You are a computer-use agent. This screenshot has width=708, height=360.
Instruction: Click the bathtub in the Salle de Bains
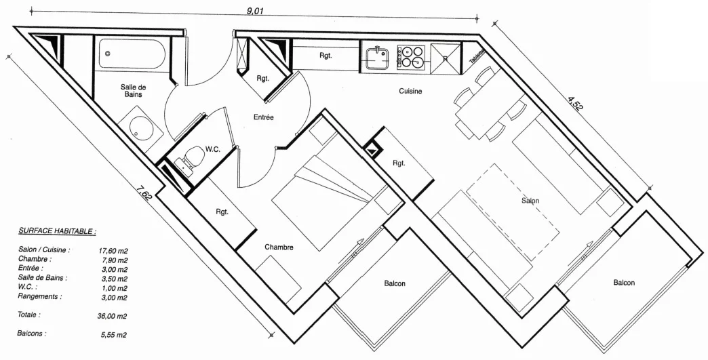pos(132,55)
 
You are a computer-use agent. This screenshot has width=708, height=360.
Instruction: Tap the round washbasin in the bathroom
pos(141,127)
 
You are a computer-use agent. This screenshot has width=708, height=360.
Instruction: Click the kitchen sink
pos(377,58)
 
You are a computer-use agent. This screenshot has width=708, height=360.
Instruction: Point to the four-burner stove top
pos(412,57)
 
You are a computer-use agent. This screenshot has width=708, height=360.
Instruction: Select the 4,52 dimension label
pos(575,102)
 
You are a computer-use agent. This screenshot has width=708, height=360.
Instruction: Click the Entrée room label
pos(263,117)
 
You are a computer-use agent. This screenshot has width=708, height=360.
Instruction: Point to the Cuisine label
pos(410,91)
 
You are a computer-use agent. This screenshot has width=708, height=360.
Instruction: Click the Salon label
pos(530,201)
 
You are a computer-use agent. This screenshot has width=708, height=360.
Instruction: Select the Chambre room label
pos(279,247)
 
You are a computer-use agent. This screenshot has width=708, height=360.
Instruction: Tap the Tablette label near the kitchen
pos(477,56)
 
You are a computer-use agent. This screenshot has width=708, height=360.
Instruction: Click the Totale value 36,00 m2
pos(113,316)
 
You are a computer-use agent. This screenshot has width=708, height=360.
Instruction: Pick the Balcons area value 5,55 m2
pos(114,335)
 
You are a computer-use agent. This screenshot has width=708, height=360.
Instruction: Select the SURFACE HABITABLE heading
pos(58,231)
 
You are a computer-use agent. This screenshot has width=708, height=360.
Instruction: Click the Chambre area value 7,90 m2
pos(115,260)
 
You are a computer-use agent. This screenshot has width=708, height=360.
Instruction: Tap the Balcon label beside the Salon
pos(624,283)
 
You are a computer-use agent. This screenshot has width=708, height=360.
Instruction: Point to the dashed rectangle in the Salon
pos(513,212)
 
